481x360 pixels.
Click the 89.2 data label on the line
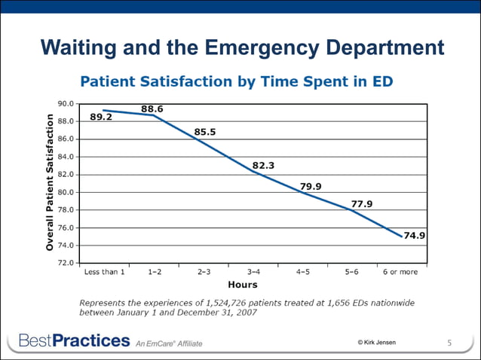[102, 117]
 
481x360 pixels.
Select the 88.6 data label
[152, 108]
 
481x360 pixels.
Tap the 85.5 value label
[205, 132]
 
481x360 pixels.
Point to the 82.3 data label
[263, 165]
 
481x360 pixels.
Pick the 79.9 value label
[311, 186]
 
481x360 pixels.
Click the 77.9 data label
[362, 203]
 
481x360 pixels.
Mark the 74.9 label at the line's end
[415, 235]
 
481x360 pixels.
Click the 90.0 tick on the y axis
[66, 103]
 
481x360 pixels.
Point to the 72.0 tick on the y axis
[66, 263]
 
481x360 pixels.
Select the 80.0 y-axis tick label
[66, 192]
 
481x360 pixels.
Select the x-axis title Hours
[242, 285]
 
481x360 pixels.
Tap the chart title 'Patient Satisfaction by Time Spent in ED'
[237, 80]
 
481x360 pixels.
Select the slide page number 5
[449, 343]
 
